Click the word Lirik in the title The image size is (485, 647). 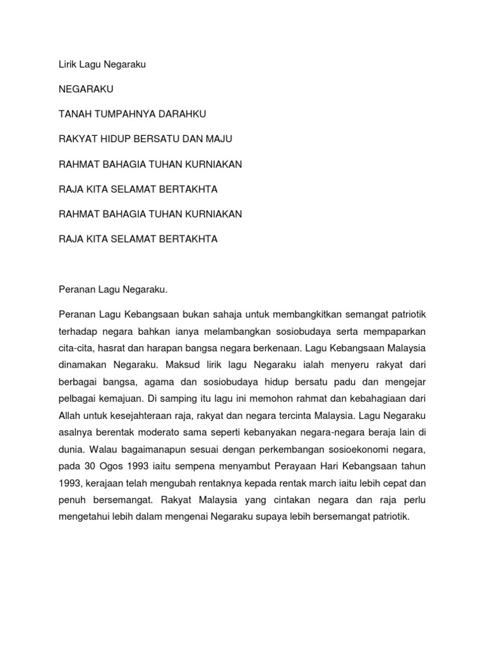tap(68, 64)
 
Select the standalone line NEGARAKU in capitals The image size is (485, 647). tap(86, 90)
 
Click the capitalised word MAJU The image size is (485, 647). tap(224, 139)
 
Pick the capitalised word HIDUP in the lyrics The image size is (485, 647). tap(111, 139)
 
